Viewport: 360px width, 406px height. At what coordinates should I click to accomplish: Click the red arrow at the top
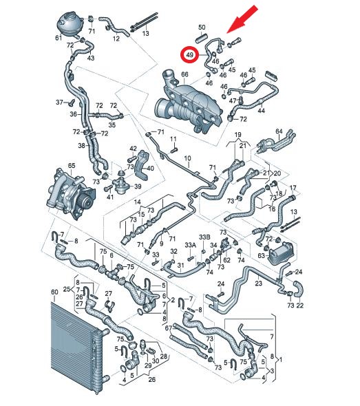click(x=242, y=20)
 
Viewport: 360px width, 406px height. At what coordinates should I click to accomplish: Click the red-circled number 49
click(x=190, y=55)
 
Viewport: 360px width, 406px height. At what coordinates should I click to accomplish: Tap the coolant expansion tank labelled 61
click(x=69, y=24)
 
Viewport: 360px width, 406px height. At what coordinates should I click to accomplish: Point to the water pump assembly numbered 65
click(x=70, y=193)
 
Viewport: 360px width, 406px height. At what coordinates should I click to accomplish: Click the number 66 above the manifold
click(x=184, y=74)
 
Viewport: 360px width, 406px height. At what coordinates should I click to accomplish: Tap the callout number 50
click(x=202, y=28)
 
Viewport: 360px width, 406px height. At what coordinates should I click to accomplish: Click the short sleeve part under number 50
click(x=202, y=38)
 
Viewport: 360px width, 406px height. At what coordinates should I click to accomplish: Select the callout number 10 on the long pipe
click(x=187, y=158)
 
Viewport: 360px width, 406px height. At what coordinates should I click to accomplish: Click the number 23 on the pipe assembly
click(x=259, y=284)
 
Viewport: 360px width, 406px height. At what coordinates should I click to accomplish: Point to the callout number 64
click(x=279, y=131)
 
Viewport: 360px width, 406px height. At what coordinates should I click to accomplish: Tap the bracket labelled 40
click(x=141, y=165)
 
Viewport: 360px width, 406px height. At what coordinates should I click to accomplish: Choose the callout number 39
click(x=138, y=186)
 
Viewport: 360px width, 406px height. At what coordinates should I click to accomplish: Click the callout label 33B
click(x=204, y=237)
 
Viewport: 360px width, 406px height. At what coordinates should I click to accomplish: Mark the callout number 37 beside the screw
click(x=60, y=103)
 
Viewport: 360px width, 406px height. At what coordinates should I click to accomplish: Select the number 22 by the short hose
click(x=299, y=306)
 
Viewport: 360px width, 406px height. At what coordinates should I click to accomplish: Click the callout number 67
click(x=169, y=328)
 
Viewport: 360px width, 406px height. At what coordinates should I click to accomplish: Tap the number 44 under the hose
click(x=262, y=111)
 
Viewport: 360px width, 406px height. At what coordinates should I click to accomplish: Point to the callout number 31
click(x=180, y=266)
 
